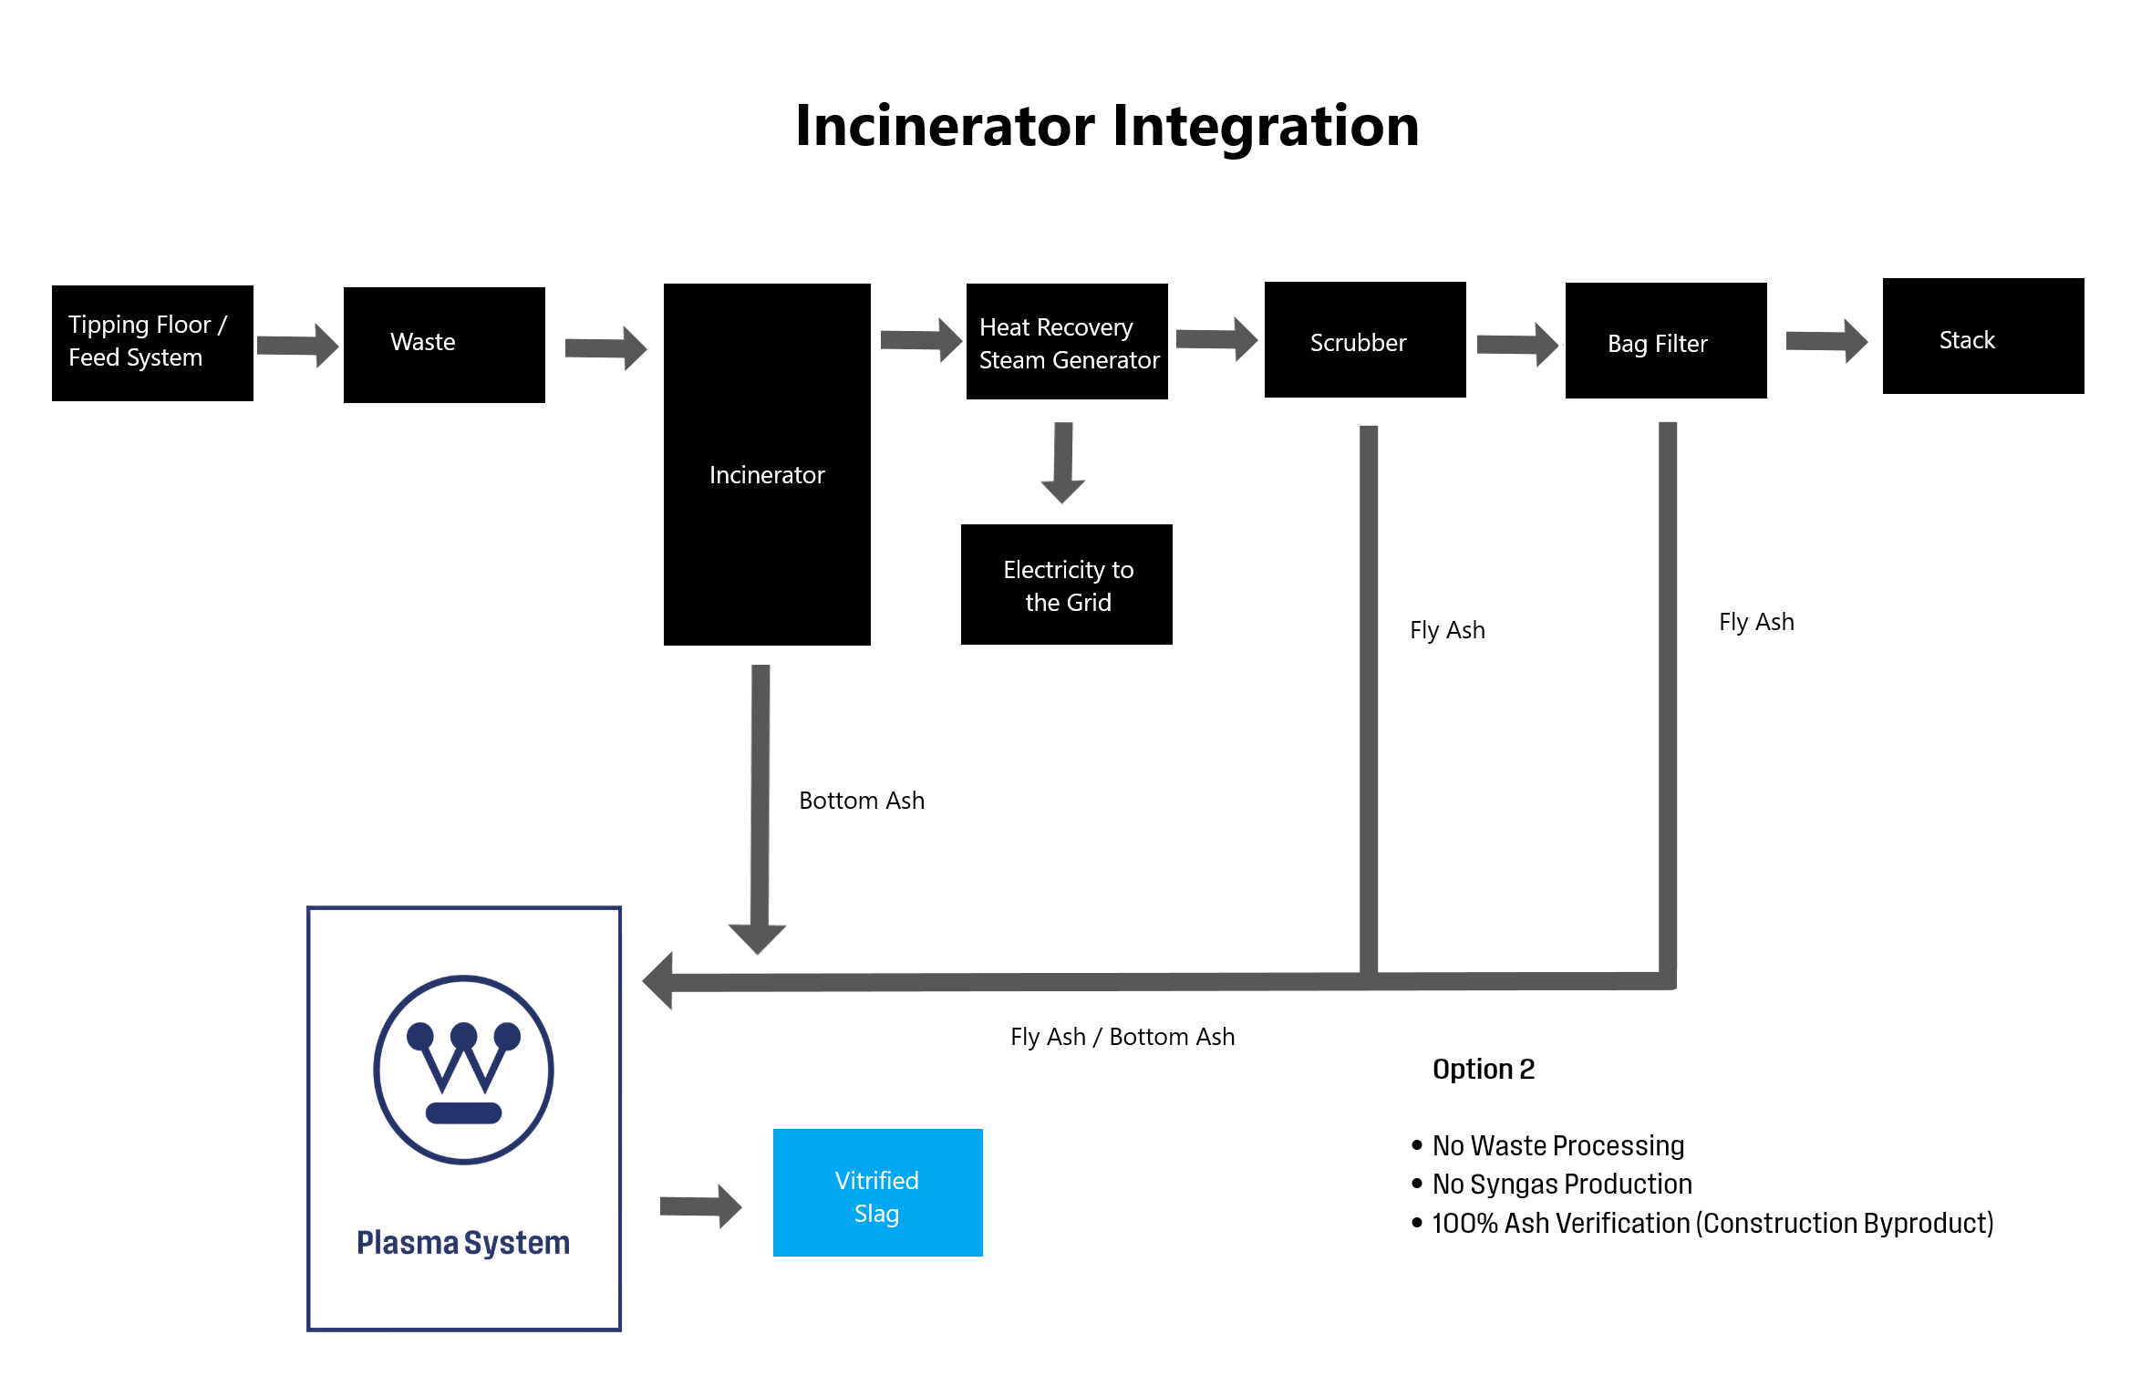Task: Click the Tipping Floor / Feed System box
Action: click(152, 342)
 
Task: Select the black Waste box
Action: click(444, 344)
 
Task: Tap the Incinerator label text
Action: click(767, 475)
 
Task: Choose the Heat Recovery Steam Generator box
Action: click(1067, 342)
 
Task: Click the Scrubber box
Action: click(1365, 340)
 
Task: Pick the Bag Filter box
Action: click(1666, 341)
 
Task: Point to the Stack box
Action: click(1983, 336)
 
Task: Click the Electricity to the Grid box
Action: click(1067, 585)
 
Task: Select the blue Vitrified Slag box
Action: click(877, 1193)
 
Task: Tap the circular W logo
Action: click(463, 1070)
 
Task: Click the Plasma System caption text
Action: click(463, 1243)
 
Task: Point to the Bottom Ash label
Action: click(862, 801)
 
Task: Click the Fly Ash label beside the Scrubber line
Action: click(1447, 630)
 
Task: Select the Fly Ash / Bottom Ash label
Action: click(1122, 1037)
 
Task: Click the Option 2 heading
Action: click(1484, 1069)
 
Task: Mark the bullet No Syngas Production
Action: click(1562, 1184)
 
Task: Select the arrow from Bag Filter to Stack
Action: click(1826, 342)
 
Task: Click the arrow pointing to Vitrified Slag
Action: click(699, 1206)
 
